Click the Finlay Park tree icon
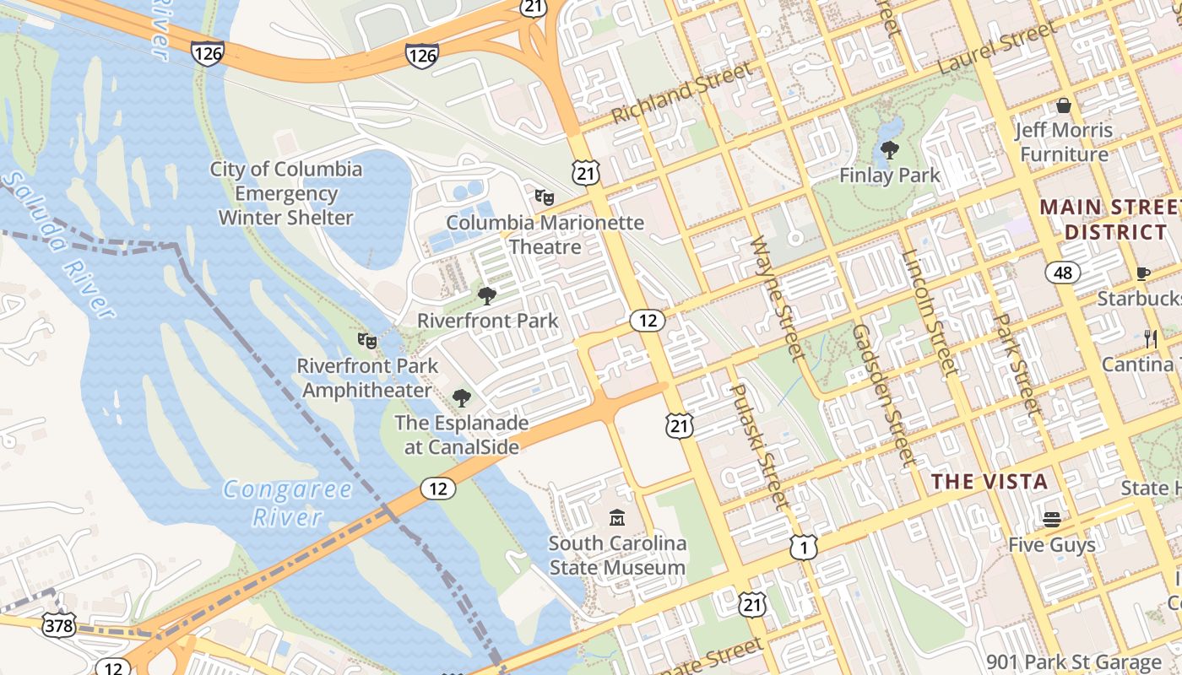click(x=889, y=151)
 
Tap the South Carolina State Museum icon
click(x=617, y=517)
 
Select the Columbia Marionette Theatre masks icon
click(x=545, y=197)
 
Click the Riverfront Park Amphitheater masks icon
click(x=366, y=341)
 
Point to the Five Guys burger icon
click(x=1051, y=519)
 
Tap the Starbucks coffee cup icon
click(x=1143, y=273)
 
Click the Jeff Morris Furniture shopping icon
click(x=1064, y=105)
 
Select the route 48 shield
click(x=1062, y=272)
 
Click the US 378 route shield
click(x=59, y=626)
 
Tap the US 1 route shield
click(x=804, y=548)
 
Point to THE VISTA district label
click(x=990, y=482)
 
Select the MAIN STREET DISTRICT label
click(x=1108, y=219)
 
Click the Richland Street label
click(x=680, y=93)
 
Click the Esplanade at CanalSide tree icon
click(x=461, y=397)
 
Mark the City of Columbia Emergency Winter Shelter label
click(x=286, y=193)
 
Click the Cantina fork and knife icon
click(x=1150, y=339)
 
